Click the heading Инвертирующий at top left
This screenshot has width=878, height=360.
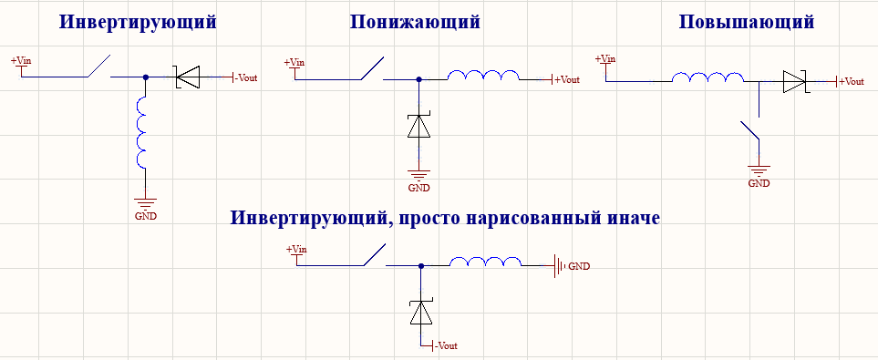(138, 22)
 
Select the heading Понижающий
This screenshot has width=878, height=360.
(415, 22)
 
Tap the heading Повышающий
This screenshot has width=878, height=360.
(747, 22)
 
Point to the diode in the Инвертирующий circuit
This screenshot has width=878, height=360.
(188, 78)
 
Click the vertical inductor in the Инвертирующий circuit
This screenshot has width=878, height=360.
(142, 133)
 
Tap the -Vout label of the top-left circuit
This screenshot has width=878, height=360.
(246, 78)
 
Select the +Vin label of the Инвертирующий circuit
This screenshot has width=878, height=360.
(22, 61)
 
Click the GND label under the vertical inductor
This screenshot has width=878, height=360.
(145, 217)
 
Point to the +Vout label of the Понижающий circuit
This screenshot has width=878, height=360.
(567, 79)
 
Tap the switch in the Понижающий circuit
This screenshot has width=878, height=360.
(369, 69)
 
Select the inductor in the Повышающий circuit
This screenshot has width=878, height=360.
(708, 79)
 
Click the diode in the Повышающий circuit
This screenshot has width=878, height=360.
(793, 82)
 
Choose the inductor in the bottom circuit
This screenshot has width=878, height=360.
(487, 262)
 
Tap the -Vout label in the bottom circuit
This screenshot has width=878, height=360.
(445, 346)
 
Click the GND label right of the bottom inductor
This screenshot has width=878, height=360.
(579, 266)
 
